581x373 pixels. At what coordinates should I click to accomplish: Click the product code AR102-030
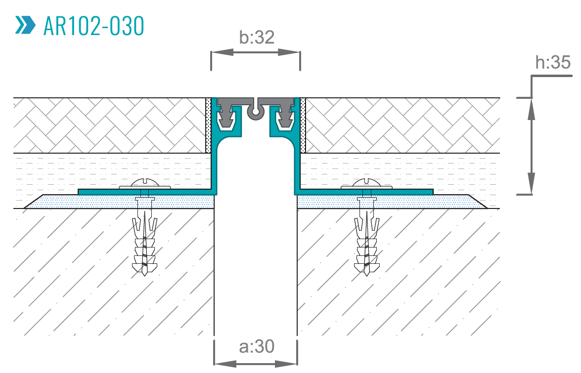click(93, 26)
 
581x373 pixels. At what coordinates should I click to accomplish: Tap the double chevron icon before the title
click(25, 25)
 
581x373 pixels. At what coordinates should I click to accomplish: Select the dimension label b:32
click(256, 38)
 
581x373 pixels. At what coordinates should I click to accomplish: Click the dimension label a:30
click(256, 347)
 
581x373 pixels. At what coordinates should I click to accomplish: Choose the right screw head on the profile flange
click(366, 184)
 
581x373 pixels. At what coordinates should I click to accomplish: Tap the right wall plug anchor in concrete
click(366, 237)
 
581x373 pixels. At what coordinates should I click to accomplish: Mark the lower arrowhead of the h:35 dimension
click(532, 183)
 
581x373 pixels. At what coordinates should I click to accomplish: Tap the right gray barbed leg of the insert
click(286, 118)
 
